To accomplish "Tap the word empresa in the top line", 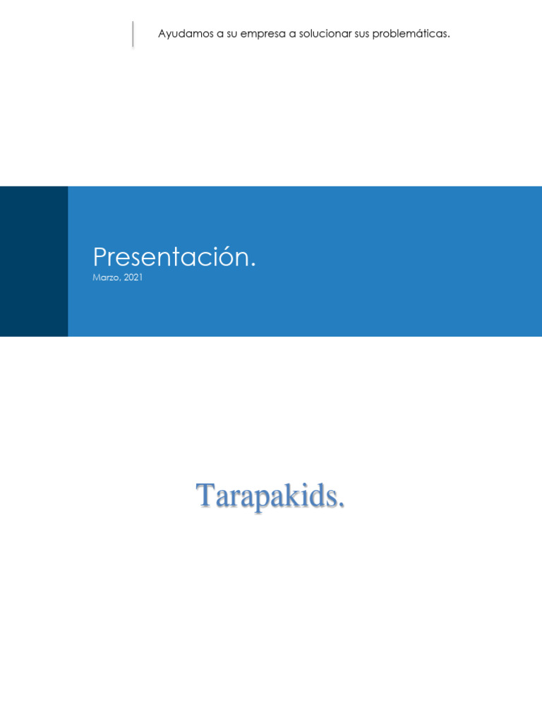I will [263, 34].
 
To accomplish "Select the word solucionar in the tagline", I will [325, 34].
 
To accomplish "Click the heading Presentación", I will [174, 257].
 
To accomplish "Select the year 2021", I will [133, 277].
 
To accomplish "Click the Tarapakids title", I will [270, 496].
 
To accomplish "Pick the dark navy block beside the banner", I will [34, 261].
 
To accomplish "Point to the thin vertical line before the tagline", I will [133, 34].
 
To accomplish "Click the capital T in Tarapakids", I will [205, 496].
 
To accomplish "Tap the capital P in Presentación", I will [100, 257].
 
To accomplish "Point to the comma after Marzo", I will [120, 280].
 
